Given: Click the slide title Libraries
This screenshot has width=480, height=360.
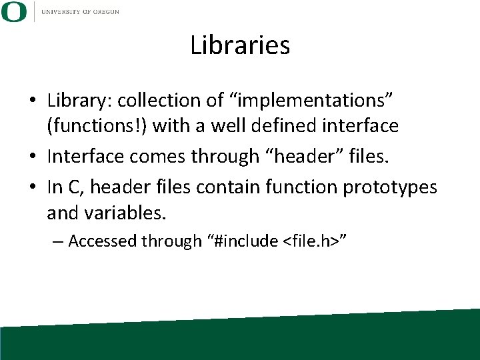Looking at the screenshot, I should pyautogui.click(x=240, y=45).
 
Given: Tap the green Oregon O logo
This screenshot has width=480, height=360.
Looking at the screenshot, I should pyautogui.click(x=15, y=11).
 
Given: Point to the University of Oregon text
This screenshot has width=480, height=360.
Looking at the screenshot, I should pyautogui.click(x=80, y=11).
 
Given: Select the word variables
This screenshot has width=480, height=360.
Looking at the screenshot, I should pyautogui.click(x=124, y=213).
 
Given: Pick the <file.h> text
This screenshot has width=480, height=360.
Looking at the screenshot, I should pyautogui.click(x=310, y=241).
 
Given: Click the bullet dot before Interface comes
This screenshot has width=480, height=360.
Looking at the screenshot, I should pyautogui.click(x=32, y=157).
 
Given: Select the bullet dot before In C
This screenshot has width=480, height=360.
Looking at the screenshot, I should pyautogui.click(x=32, y=188).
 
